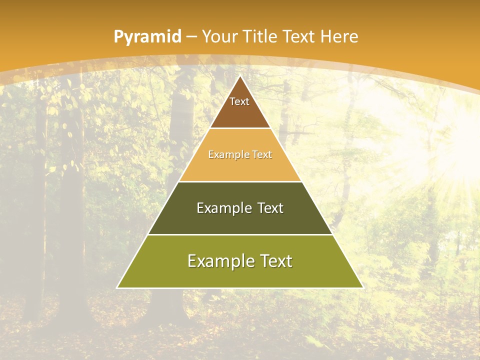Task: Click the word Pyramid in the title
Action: point(147,37)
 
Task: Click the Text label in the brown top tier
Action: point(239,101)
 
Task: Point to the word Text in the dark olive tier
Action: point(270,208)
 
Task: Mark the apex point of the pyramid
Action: point(240,76)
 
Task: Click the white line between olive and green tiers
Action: point(240,234)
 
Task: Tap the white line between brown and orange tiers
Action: point(240,128)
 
